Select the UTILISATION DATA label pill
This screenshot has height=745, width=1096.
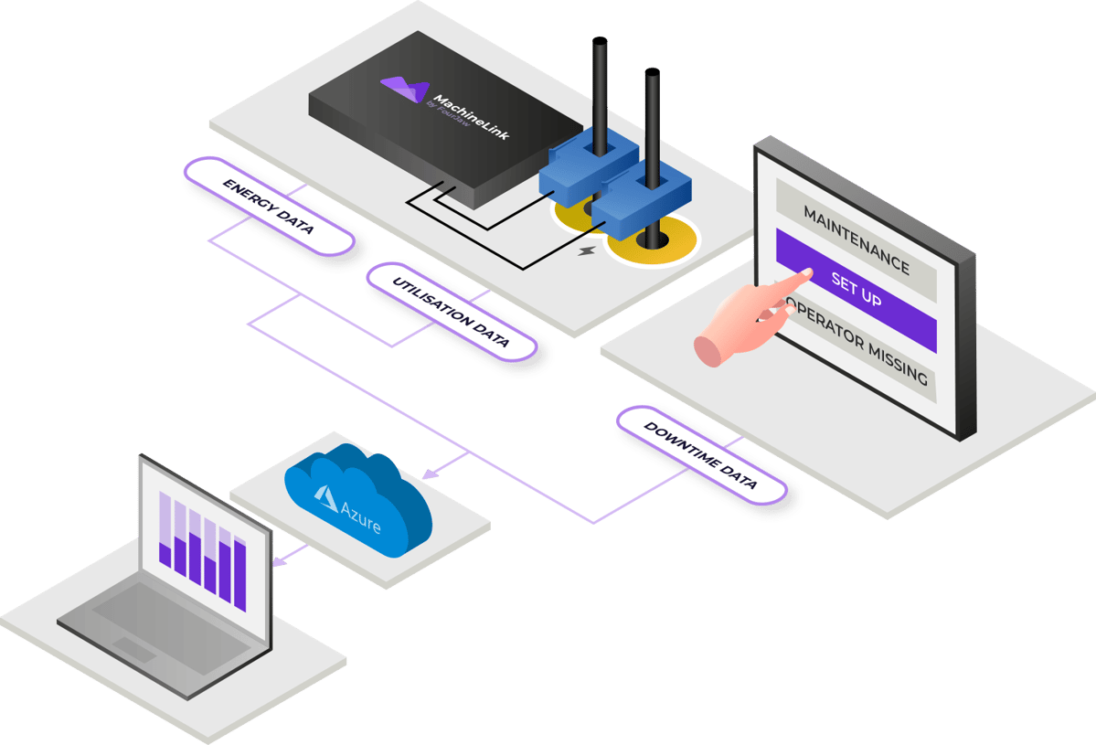point(451,312)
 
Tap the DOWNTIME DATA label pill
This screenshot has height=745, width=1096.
point(701,455)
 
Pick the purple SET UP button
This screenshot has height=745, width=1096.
point(857,290)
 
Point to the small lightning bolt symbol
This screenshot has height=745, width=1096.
point(586,250)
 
